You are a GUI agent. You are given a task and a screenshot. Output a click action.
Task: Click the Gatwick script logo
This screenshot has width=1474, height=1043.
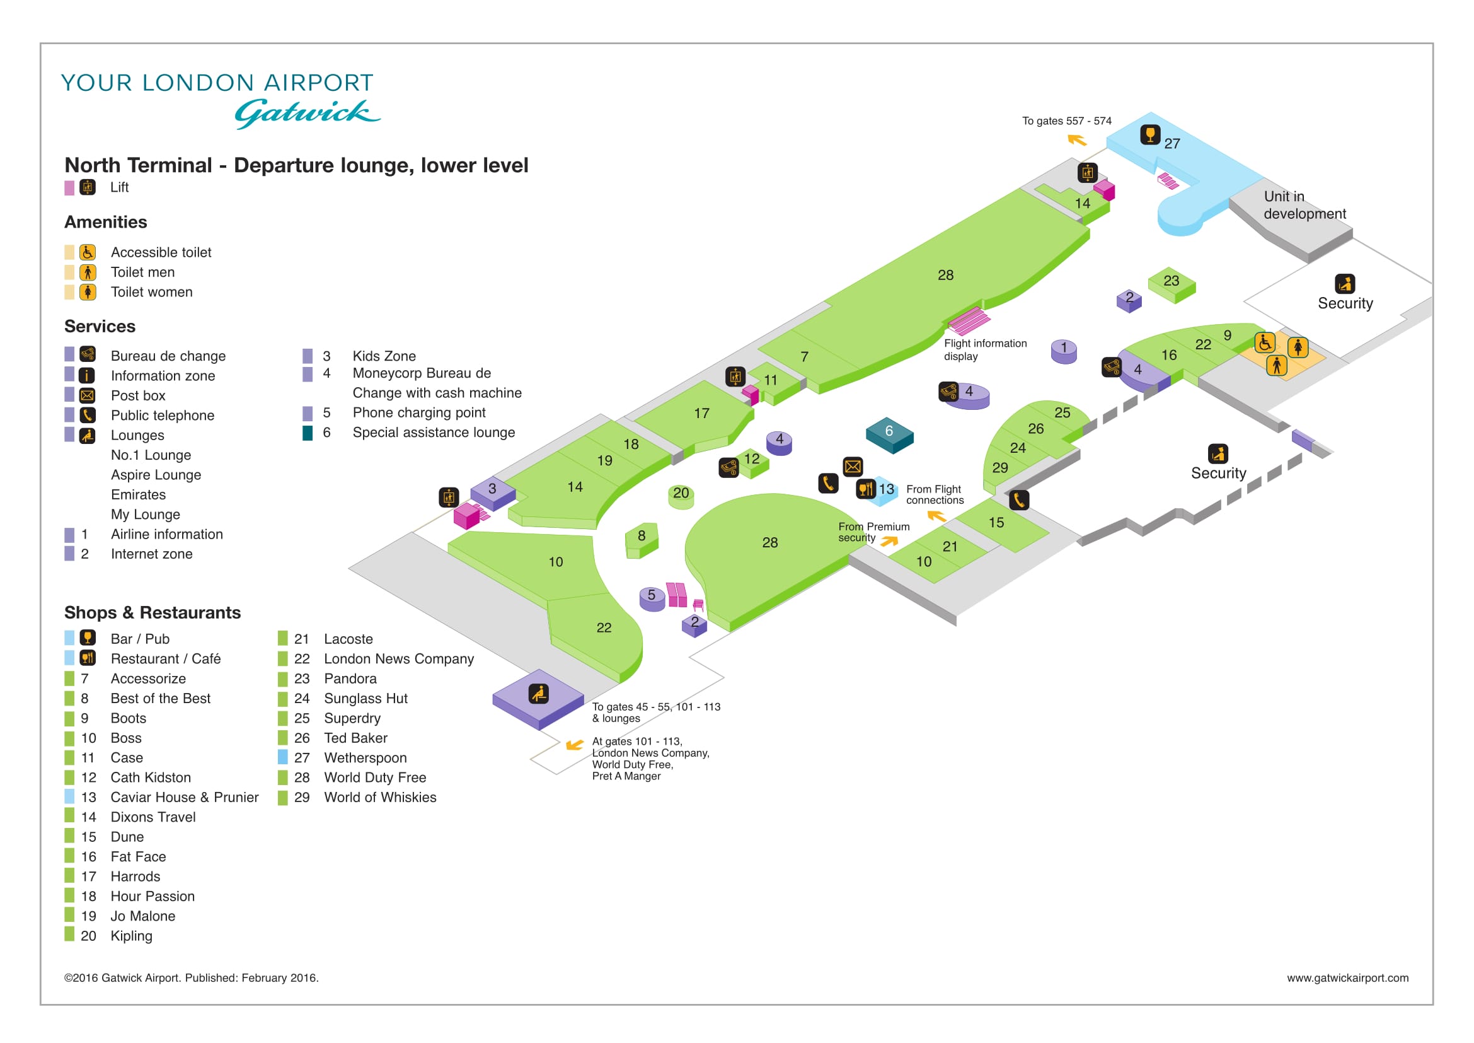[x=307, y=114]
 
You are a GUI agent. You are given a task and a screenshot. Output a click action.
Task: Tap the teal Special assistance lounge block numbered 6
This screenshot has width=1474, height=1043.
[x=889, y=435]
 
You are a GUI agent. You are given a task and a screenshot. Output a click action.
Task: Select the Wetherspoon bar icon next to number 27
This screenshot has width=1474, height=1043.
[x=1150, y=135]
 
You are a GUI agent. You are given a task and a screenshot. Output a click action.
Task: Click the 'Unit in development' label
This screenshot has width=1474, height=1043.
[x=1304, y=205]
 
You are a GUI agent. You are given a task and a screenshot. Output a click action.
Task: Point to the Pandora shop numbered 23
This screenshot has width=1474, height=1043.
[x=1172, y=284]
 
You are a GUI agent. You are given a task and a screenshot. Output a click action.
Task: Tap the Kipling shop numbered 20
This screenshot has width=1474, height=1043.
[x=681, y=495]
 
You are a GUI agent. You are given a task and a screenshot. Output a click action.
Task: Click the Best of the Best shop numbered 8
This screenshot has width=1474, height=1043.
[x=642, y=540]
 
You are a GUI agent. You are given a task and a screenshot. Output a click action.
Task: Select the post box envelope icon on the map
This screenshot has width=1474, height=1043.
[x=853, y=467]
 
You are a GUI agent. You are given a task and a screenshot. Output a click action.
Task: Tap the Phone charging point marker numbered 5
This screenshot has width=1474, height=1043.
[x=652, y=598]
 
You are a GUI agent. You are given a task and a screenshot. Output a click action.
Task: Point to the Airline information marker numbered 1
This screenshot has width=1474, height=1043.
[x=1064, y=351]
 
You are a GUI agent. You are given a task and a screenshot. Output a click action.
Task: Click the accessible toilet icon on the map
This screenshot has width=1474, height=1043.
[x=1265, y=342]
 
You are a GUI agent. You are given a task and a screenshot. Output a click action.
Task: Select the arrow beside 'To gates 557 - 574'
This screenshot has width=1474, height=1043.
[x=1076, y=139]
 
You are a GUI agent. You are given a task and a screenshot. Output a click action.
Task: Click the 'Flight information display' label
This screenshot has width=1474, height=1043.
[x=985, y=350]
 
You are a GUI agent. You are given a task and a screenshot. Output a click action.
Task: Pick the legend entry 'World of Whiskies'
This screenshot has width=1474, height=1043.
[x=380, y=797]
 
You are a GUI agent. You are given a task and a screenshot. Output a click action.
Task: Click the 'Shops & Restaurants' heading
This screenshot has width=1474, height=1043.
[x=152, y=613]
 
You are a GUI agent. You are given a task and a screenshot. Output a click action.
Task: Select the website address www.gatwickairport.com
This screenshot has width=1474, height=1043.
[x=1347, y=978]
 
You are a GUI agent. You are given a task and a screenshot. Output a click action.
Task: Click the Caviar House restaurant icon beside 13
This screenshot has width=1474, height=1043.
[x=866, y=489]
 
